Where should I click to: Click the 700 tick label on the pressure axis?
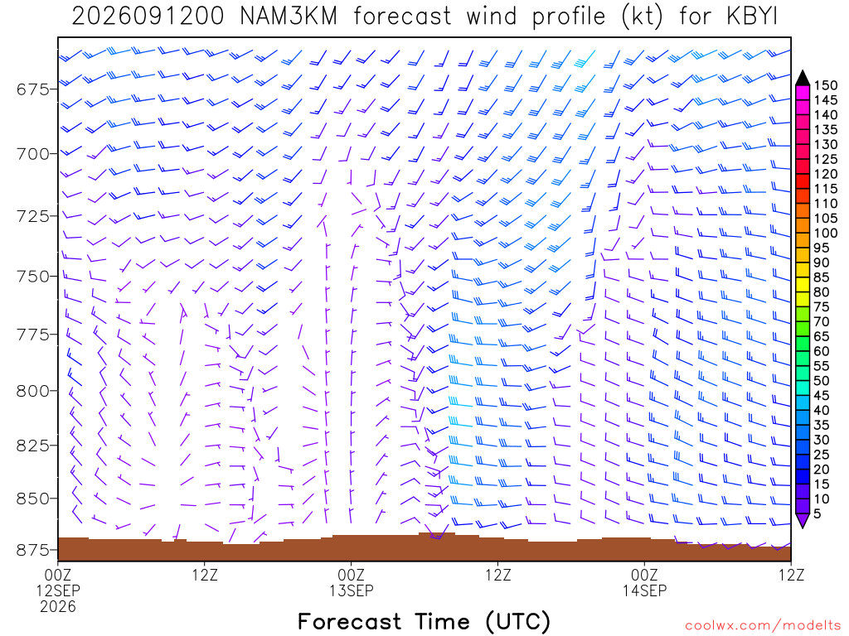coord(33,154)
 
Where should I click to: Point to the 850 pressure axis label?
coord(33,499)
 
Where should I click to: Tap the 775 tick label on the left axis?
coord(33,335)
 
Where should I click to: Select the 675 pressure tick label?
coord(33,89)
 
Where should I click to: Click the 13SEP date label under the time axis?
coord(351,590)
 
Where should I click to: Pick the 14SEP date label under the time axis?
coord(644,590)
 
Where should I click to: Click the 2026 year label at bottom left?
coord(58,607)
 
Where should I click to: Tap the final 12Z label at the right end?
coord(791,575)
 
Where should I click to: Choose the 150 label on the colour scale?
coord(826,85)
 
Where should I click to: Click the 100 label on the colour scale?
coord(826,233)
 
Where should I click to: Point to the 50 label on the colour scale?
coord(822,381)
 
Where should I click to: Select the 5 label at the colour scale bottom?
coord(817,513)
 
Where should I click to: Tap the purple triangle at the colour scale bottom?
coord(803,520)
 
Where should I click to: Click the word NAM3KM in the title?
coord(289,17)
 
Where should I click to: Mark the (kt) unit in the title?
coord(643,17)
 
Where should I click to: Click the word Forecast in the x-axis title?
coord(349,621)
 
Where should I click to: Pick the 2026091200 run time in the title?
coord(148,17)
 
